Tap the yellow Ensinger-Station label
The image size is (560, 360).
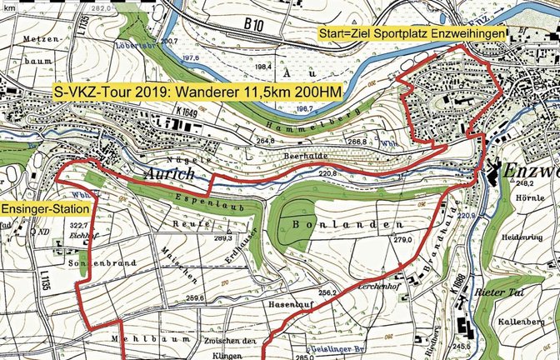coord(40,207)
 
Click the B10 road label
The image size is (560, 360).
coord(255,27)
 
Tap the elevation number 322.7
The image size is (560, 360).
coord(77,226)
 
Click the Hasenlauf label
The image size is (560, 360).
coord(289,304)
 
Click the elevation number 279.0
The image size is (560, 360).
coord(403,240)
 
